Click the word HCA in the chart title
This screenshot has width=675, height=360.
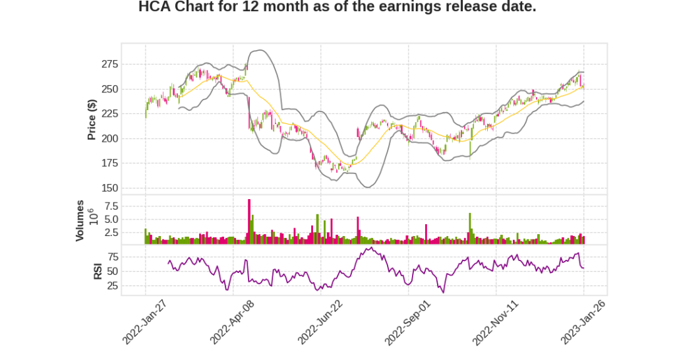(156, 7)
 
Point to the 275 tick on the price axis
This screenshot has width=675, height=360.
(109, 65)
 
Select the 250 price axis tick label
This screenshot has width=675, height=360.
(109, 89)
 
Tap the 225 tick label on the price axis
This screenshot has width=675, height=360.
(109, 114)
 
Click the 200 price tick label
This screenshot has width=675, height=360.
(109, 138)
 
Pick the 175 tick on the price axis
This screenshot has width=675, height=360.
(109, 164)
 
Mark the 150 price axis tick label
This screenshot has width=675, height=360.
(109, 188)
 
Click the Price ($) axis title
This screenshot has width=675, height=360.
(92, 119)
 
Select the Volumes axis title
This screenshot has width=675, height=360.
(80, 220)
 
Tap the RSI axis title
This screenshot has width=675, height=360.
(98, 270)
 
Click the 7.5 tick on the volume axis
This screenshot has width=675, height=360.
(111, 206)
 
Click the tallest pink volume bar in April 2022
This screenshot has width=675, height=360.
(249, 222)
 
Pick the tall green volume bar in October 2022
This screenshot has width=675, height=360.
(470, 228)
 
